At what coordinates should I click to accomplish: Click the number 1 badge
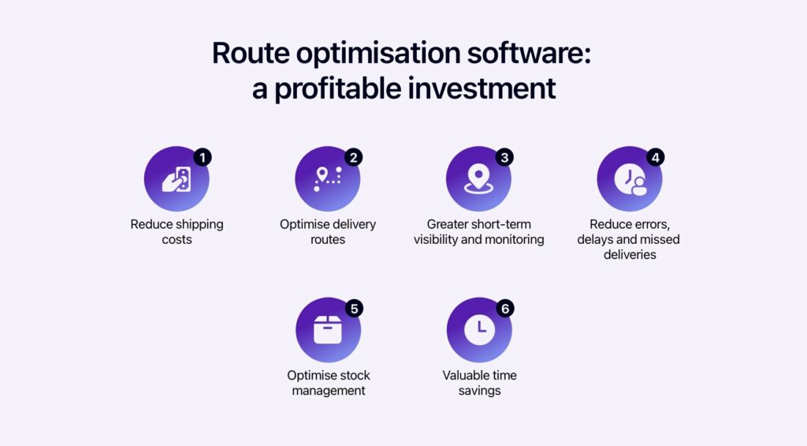[203, 156]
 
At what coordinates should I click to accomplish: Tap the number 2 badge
[353, 156]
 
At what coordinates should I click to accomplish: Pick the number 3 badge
[504, 156]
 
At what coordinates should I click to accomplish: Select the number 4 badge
[655, 156]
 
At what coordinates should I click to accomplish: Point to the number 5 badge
[354, 308]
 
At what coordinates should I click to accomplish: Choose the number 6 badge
[504, 308]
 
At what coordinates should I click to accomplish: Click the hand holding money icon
[177, 179]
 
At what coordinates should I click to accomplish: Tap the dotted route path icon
[328, 179]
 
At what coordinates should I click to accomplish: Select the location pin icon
[478, 179]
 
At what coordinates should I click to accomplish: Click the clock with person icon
[630, 181]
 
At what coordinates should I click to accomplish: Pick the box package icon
[328, 331]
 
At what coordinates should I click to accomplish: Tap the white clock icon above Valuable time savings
[479, 331]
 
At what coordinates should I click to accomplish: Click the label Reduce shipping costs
[177, 231]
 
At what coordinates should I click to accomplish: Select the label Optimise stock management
[328, 383]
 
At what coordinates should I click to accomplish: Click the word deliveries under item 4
[630, 255]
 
